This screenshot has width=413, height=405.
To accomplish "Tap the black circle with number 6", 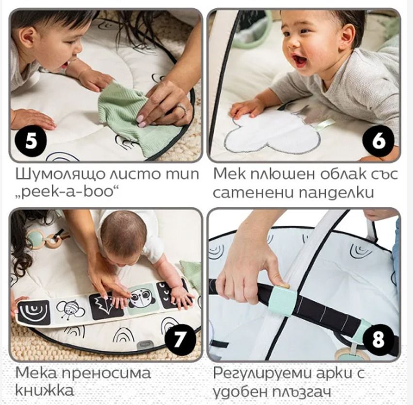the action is (x=378, y=141).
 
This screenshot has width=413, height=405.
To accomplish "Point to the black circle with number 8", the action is (x=378, y=339).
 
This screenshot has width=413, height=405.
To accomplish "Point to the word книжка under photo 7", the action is (x=44, y=390).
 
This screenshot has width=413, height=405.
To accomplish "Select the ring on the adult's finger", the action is (x=182, y=109).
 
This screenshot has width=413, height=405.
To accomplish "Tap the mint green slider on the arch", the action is (x=282, y=301).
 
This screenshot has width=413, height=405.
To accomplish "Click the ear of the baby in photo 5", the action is (x=28, y=38).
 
